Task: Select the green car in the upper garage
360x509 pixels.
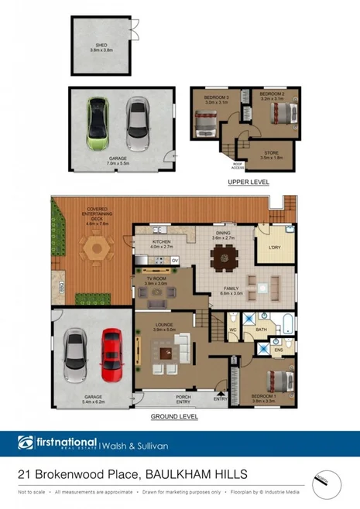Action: coord(98,125)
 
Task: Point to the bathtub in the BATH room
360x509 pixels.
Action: coord(285,323)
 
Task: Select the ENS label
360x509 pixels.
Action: coord(279,350)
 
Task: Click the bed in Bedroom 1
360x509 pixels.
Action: coord(276,381)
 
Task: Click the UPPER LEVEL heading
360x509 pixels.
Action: coord(248,181)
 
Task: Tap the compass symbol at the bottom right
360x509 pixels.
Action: coord(326,485)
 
